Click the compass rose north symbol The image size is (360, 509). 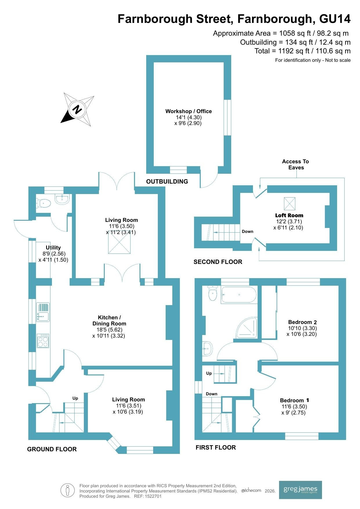pos(77,109)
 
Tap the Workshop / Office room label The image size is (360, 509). pos(189,111)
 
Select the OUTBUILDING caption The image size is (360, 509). pos(167,182)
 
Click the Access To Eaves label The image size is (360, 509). pos(295,164)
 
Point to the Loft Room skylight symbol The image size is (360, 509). pos(289,203)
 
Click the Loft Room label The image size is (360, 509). pos(289,215)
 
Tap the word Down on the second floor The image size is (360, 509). pos(247,231)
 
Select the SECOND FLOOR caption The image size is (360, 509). pos(218,262)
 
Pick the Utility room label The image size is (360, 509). pos(53,247)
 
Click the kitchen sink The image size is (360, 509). pos(43,312)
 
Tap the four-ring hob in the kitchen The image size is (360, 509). pos(43,341)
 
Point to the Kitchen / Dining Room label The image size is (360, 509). pos(109,320)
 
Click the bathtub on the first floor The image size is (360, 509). pos(239,295)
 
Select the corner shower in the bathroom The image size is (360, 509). pos(247,328)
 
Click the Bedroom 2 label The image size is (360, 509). pos(303,322)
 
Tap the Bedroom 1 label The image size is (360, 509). pos(294,400)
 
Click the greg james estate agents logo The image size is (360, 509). pos(300,490)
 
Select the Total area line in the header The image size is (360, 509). pos(303,51)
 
